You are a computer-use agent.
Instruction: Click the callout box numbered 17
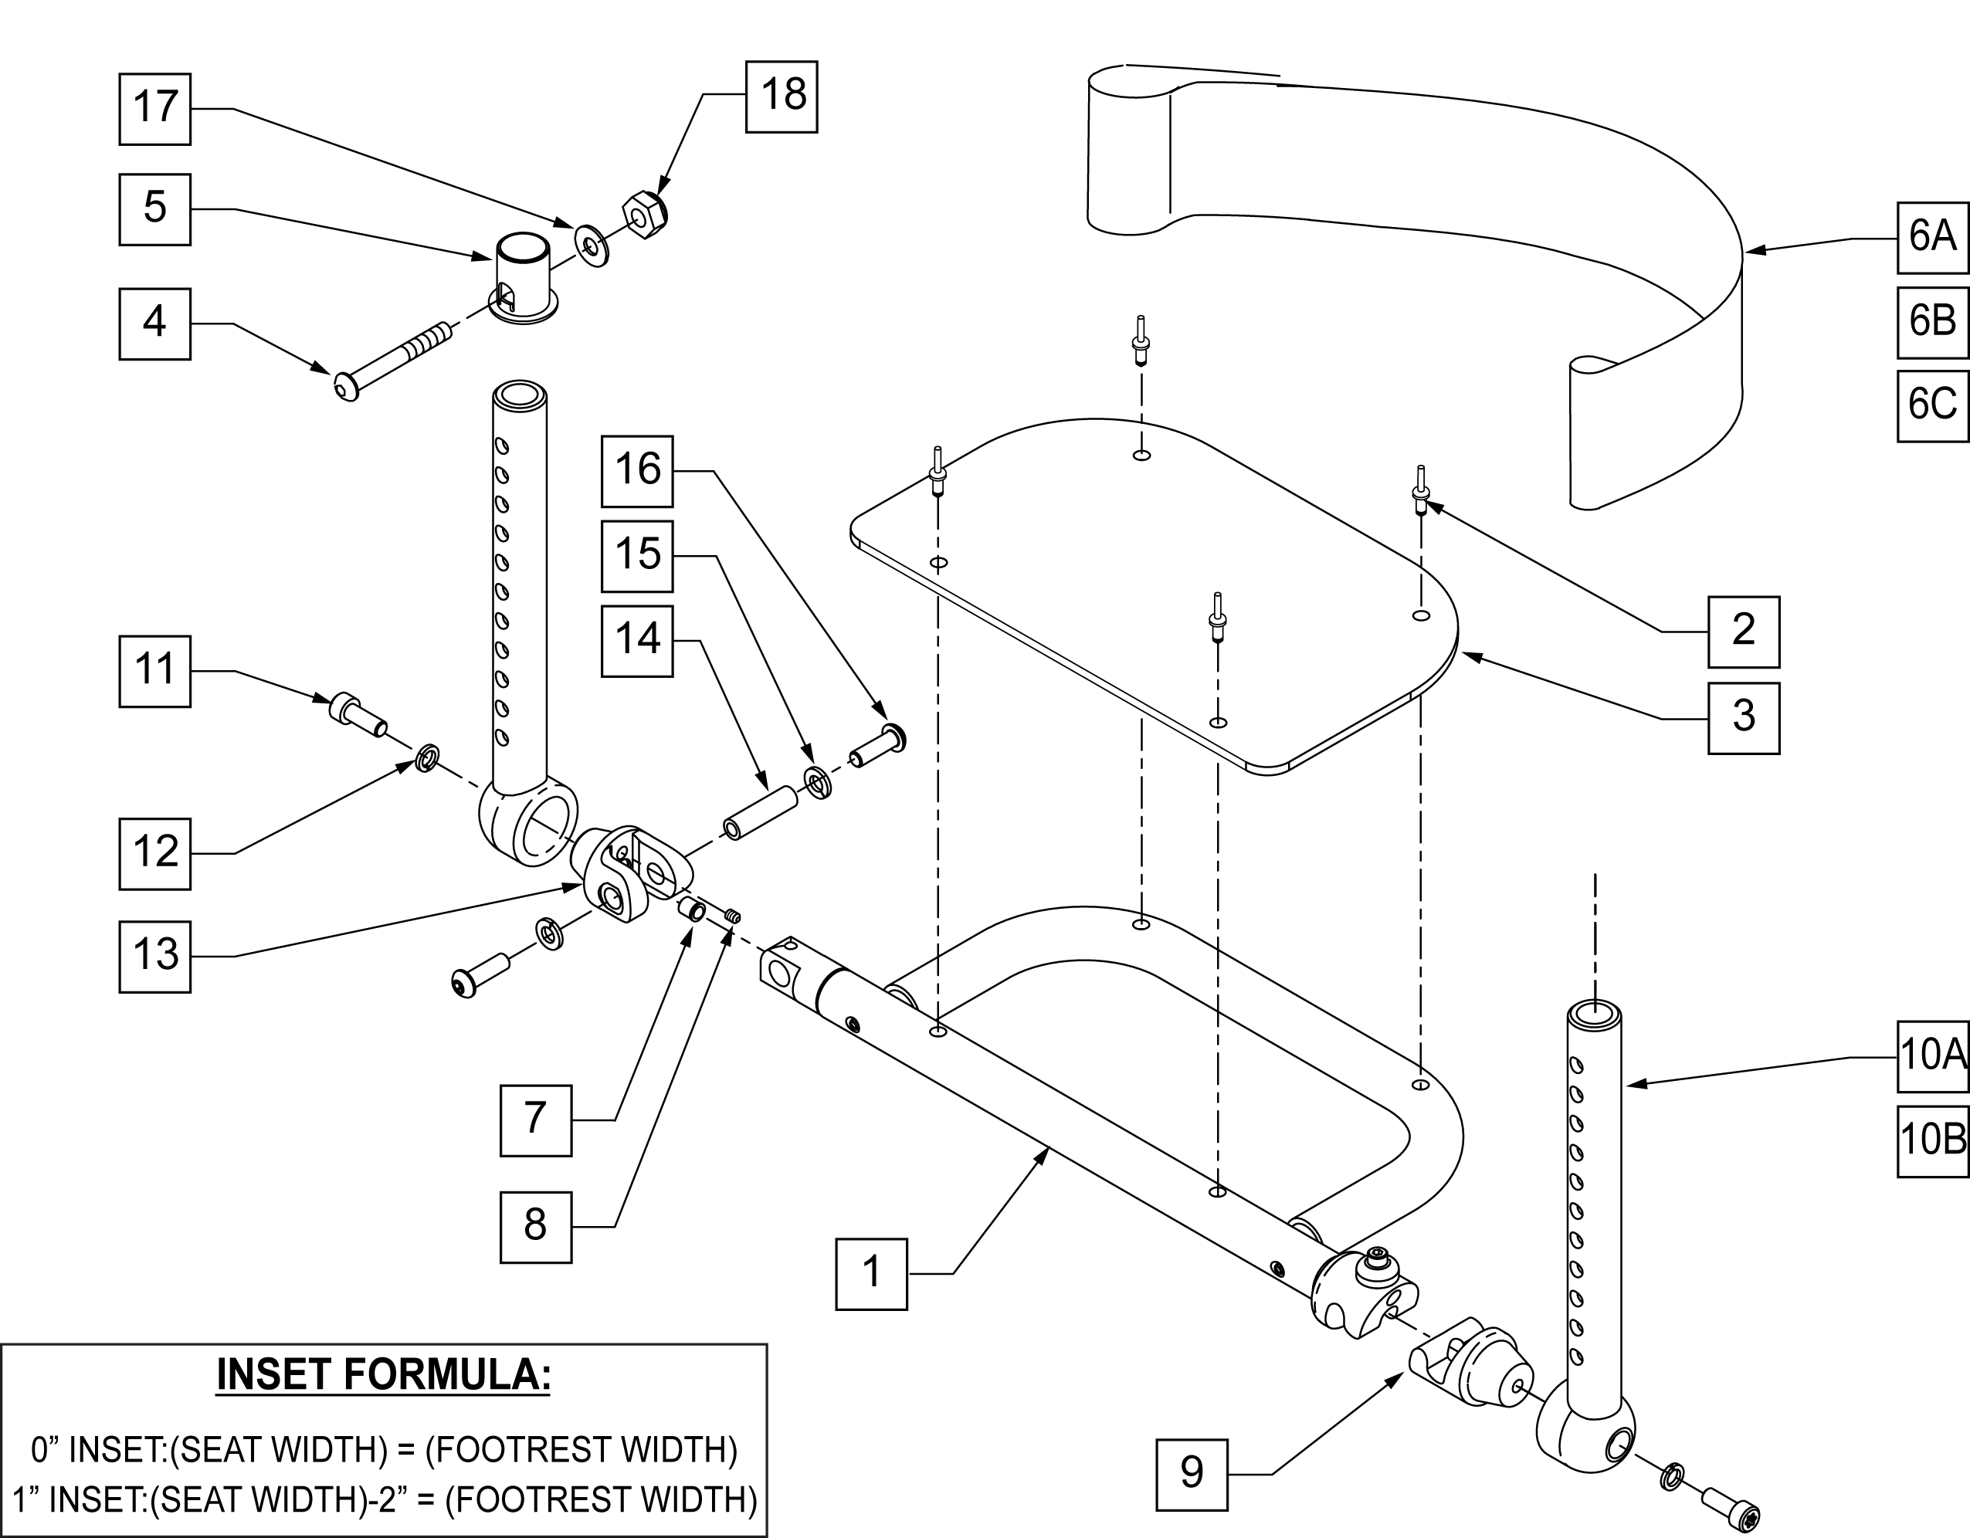(155, 109)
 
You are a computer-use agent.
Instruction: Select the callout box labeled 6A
(1932, 237)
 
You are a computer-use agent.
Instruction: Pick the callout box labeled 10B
(1932, 1141)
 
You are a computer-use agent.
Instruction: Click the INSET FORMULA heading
(383, 1376)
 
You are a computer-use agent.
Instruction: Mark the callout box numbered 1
(871, 1274)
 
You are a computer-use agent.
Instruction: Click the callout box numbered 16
(637, 471)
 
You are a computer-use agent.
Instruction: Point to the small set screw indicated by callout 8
(731, 917)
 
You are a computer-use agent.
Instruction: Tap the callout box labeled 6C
(1932, 406)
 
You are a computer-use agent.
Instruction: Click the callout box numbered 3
(1743, 718)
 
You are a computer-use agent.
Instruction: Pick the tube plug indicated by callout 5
(523, 275)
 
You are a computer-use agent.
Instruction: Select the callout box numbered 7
(536, 1120)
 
